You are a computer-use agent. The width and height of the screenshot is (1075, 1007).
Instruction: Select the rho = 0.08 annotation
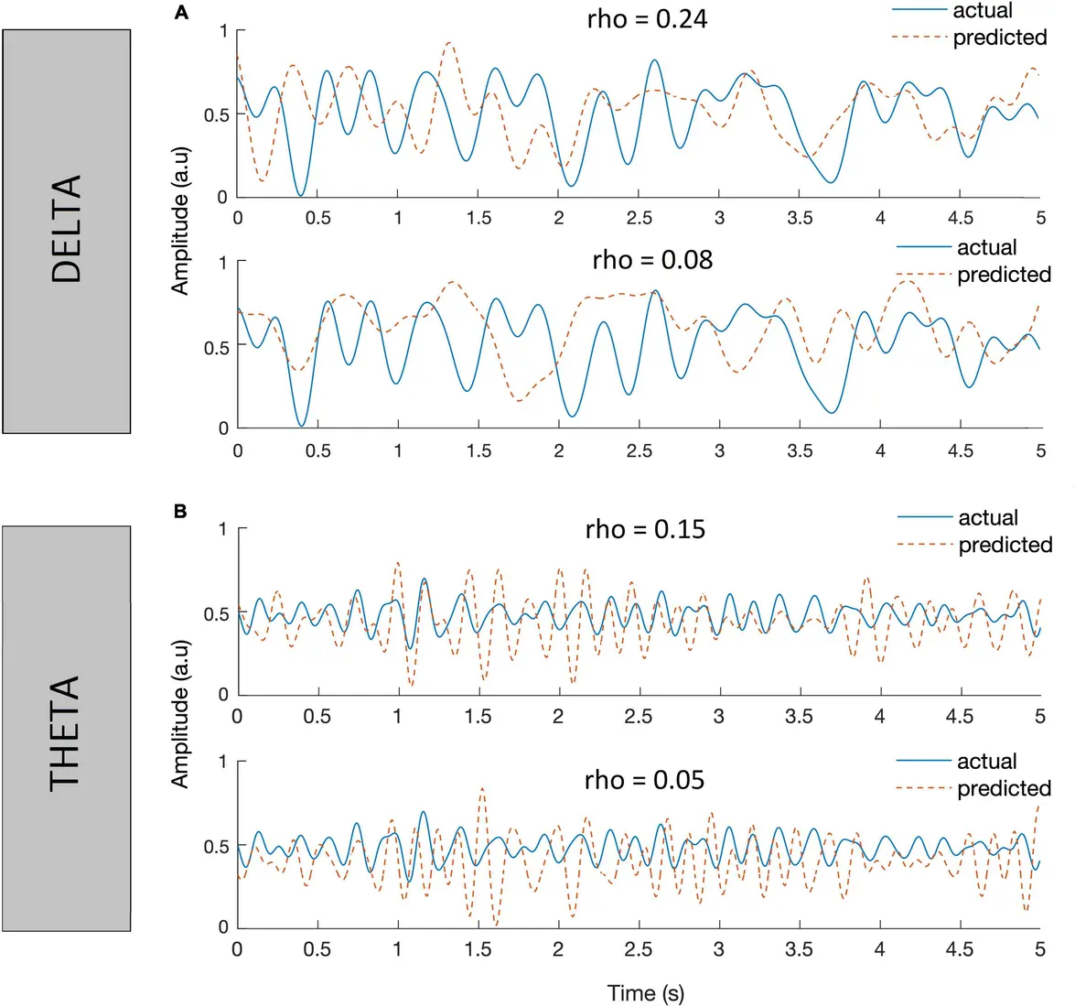(651, 260)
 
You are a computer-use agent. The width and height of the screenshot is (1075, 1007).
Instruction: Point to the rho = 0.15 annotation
(645, 529)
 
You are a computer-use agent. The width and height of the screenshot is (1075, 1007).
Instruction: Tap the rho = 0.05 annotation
(644, 780)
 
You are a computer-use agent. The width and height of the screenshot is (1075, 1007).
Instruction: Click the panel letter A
(180, 12)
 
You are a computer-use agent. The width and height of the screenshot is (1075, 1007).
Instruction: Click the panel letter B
(180, 511)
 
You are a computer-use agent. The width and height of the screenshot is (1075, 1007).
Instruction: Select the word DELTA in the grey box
(67, 229)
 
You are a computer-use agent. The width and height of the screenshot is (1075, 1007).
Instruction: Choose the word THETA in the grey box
(66, 732)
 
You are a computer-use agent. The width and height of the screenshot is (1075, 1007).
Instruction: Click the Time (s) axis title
(645, 993)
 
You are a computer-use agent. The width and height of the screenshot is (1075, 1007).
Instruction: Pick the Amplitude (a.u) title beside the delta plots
(180, 235)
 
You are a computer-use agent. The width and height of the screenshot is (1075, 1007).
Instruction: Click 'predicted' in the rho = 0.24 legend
(1000, 38)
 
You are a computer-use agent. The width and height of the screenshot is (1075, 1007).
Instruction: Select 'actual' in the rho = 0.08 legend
(986, 248)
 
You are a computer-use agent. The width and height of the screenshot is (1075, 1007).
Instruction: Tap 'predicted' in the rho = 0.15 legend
(1005, 546)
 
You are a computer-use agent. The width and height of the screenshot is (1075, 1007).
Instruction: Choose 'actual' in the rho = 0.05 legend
(986, 762)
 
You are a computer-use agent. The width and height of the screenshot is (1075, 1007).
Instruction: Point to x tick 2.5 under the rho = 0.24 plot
(639, 218)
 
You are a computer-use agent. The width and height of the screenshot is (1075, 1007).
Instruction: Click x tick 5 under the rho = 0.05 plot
(1040, 949)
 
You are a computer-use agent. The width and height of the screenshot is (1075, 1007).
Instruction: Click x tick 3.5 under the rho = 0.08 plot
(800, 450)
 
